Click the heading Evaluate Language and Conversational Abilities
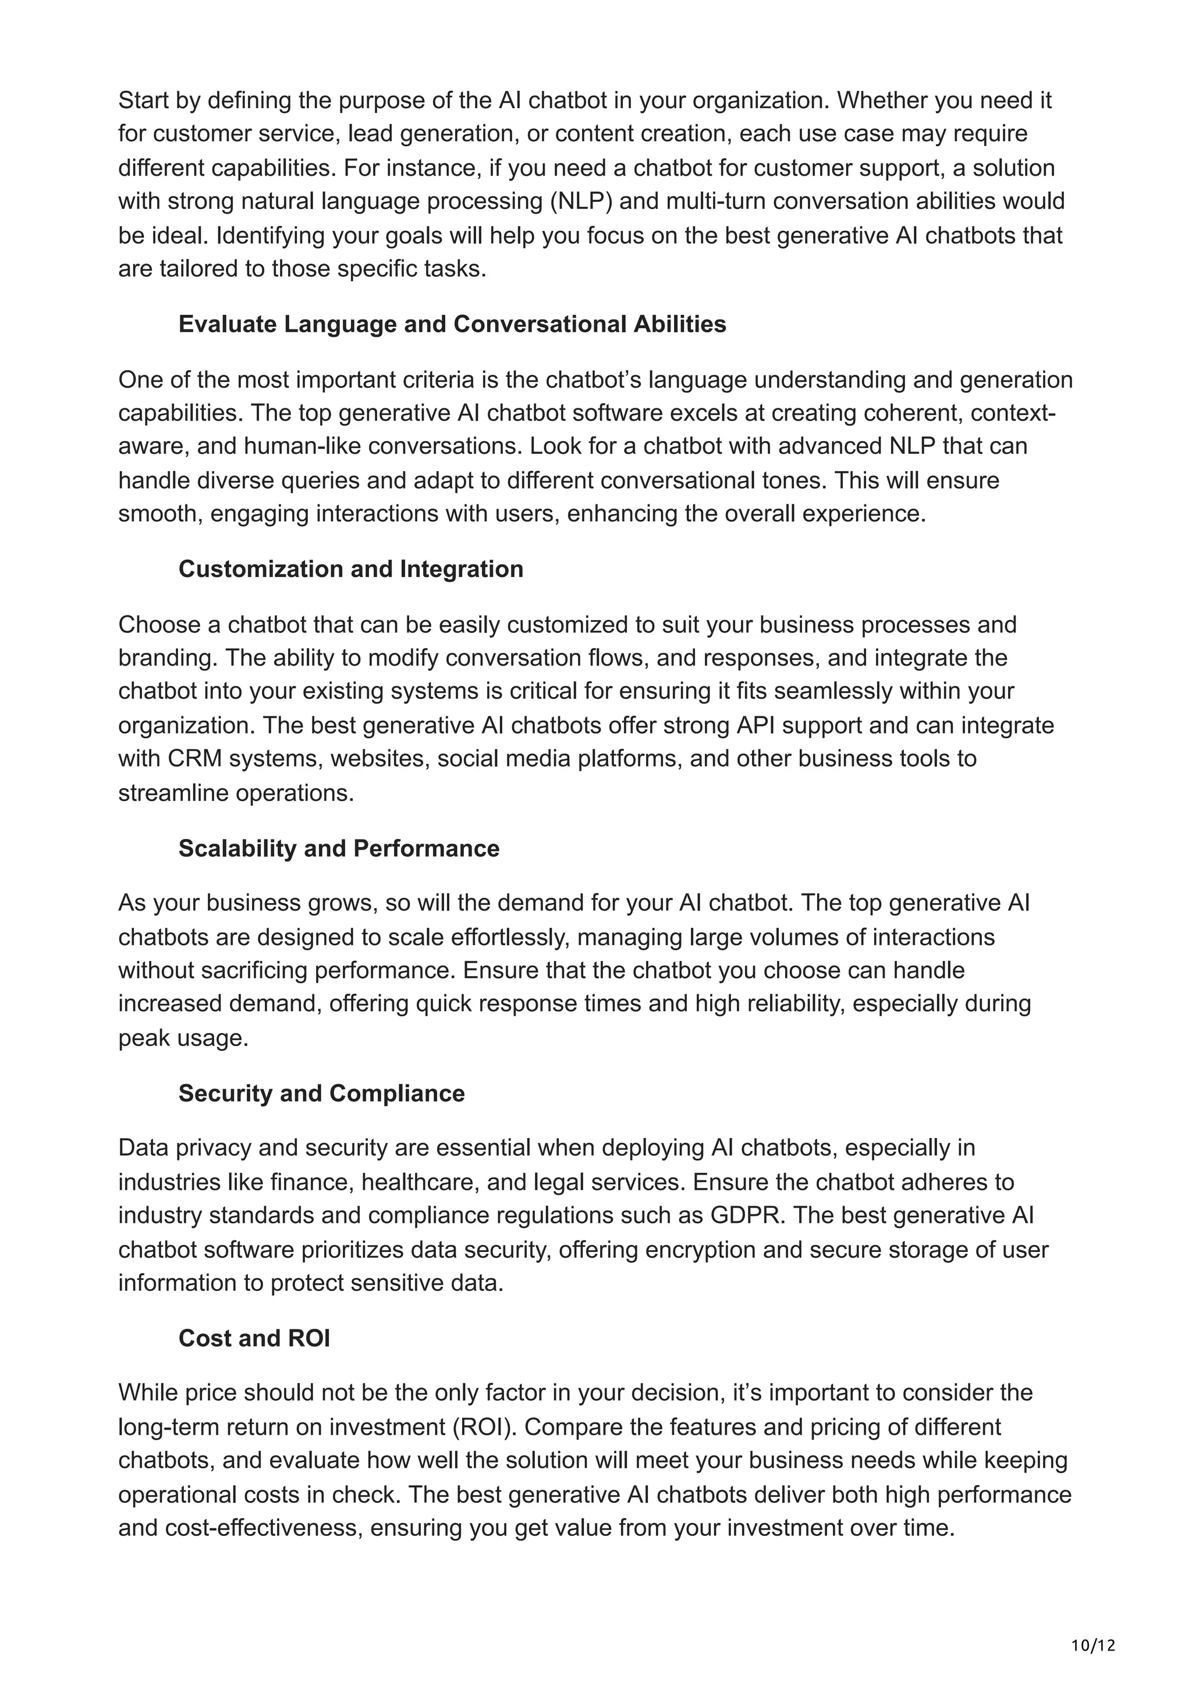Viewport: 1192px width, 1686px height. pos(452,324)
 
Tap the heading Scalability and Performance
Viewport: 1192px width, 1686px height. pos(339,848)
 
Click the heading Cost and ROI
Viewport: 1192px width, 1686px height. pos(254,1338)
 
